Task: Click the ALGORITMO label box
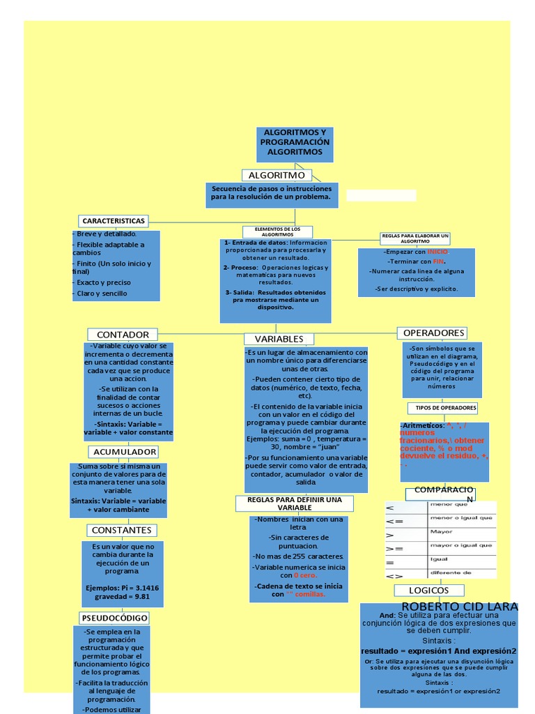(277, 175)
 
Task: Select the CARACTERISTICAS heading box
(114, 221)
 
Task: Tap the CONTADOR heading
(123, 335)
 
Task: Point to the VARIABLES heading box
(279, 339)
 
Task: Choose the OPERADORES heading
(433, 333)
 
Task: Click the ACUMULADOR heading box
(125, 452)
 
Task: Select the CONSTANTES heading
(121, 531)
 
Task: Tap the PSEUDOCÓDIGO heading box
(114, 618)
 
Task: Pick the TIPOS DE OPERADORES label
(446, 407)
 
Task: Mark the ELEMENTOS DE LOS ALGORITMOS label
(277, 231)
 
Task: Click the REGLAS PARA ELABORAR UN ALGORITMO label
(415, 238)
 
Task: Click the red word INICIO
(438, 251)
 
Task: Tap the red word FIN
(438, 261)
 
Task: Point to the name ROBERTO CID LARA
(460, 607)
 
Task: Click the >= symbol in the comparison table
(395, 548)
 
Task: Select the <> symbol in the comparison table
(394, 575)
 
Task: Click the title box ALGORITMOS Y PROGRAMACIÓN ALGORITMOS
(295, 142)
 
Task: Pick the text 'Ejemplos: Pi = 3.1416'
(122, 588)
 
